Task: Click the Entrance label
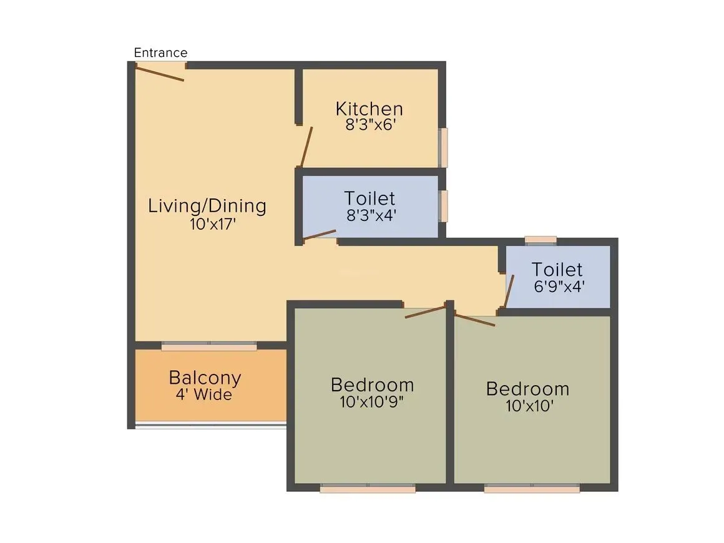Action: (x=160, y=53)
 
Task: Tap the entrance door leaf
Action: (x=160, y=73)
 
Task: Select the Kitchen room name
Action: (x=369, y=109)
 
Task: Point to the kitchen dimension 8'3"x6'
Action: (x=371, y=124)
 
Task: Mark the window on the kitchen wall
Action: (x=443, y=147)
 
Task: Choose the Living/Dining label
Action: (x=207, y=206)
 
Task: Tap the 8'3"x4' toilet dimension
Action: (x=371, y=215)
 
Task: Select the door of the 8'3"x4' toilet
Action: (x=319, y=235)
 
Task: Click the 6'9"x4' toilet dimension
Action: (x=557, y=286)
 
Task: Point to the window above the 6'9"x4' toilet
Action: (x=541, y=239)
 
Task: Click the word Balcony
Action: (x=205, y=378)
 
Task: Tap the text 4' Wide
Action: (x=204, y=395)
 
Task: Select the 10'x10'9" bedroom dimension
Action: (x=372, y=402)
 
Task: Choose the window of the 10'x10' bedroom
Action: (x=532, y=488)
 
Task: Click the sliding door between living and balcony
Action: (x=209, y=345)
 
